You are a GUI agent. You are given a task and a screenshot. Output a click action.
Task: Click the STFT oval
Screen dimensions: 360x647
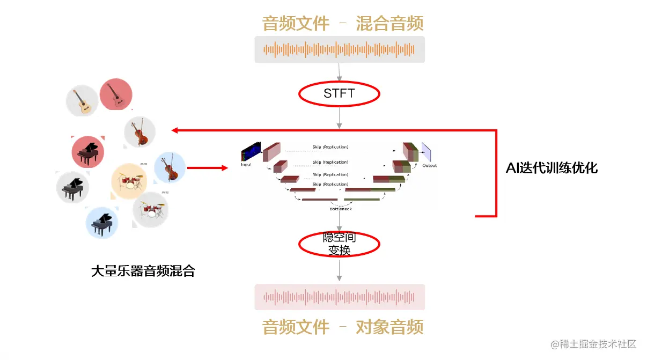point(339,94)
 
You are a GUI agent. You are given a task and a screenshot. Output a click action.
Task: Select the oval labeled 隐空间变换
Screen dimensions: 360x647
point(339,244)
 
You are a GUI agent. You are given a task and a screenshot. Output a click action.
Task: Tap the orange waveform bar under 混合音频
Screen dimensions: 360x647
point(339,49)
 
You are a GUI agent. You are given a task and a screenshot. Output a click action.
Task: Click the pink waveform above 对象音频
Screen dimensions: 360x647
point(339,297)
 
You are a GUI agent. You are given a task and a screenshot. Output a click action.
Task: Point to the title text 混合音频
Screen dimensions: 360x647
point(389,24)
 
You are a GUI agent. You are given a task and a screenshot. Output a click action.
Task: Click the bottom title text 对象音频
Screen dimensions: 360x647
point(389,327)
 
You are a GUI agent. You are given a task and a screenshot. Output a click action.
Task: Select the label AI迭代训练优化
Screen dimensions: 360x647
point(552,168)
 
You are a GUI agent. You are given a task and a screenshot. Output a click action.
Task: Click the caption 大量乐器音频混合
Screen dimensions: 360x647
point(143,271)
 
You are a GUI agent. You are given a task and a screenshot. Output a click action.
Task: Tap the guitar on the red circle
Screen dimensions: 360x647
point(116,94)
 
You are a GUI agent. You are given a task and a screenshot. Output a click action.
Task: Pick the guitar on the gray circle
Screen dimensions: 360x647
point(82,101)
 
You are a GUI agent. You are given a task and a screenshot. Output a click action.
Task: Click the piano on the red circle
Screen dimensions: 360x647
point(87,151)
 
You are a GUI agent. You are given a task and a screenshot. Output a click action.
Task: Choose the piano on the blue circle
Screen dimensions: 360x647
point(102,223)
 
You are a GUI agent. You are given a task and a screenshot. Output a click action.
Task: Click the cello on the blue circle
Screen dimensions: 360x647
point(170,167)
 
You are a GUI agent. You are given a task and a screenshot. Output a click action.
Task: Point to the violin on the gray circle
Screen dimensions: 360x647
point(139,132)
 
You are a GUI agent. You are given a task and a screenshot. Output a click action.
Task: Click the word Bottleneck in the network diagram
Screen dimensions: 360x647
point(341,209)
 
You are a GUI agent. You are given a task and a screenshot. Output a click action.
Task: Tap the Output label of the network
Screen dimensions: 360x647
point(429,165)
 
